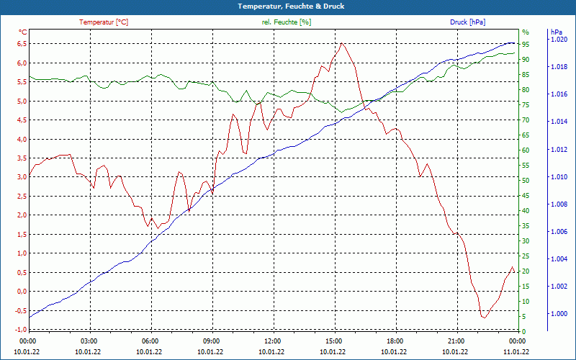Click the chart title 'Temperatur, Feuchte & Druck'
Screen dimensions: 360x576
287,6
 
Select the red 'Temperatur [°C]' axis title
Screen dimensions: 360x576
104,22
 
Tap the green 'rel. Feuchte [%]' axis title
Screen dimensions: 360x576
287,22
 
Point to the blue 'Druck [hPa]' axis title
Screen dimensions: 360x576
467,22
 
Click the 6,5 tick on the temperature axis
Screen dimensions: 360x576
22,44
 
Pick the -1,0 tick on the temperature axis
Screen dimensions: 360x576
20,330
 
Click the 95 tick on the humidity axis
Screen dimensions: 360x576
526,44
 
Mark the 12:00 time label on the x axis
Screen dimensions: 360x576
273,341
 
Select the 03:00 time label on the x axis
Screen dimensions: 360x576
89,341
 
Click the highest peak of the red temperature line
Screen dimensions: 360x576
342,43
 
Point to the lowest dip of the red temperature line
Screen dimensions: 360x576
485,318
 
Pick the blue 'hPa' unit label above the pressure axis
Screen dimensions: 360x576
557,32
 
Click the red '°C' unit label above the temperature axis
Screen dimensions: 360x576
23,32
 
